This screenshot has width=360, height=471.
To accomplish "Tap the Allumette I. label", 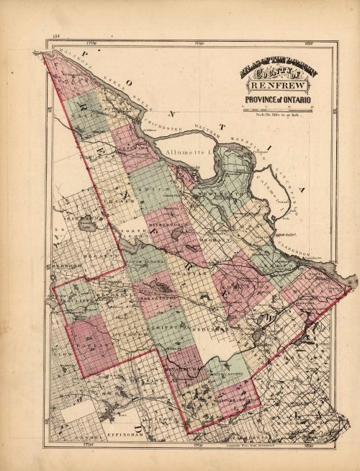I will [185, 154].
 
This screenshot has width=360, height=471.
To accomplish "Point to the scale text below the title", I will [279, 115].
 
